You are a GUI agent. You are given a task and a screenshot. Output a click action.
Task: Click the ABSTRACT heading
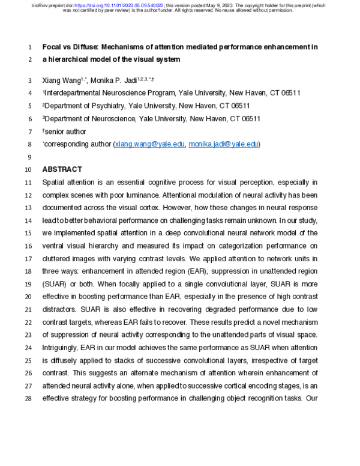click(x=62, y=169)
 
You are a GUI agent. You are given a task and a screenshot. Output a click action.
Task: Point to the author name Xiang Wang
click(x=62, y=80)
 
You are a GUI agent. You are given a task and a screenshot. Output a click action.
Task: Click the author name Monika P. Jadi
click(x=115, y=80)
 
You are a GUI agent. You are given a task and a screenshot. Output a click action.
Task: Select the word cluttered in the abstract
click(x=59, y=258)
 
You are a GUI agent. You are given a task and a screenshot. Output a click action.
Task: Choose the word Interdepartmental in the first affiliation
click(x=74, y=93)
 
